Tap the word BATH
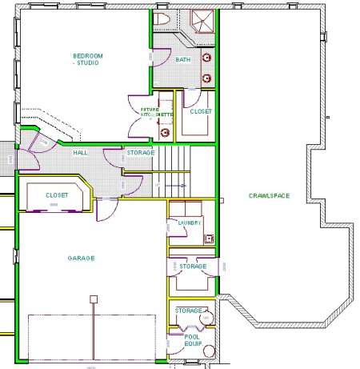coord(183,59)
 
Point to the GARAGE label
coord(82,258)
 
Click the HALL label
coord(80,152)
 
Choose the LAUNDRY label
coord(189,223)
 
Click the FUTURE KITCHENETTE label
coord(157,112)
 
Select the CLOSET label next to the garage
coord(56,195)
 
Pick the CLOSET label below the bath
coord(201,111)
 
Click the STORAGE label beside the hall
coord(141,152)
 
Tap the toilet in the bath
coord(162,19)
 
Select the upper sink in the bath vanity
coord(206,58)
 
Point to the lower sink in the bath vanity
coord(206,78)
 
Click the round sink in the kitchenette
coord(165,133)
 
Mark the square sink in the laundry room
coord(208,237)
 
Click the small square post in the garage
coord(94,299)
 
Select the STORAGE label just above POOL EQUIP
coord(189,310)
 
